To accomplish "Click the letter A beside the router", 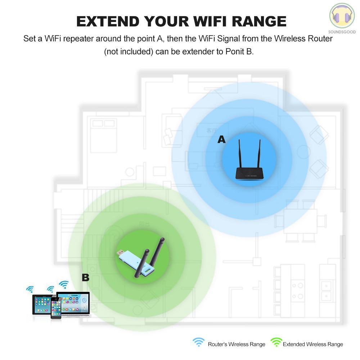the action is click(221, 139).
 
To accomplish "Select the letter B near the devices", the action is click(85, 278).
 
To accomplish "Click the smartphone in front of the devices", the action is click(56, 308).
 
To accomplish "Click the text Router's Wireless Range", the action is click(237, 345).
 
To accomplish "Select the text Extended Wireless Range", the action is click(313, 345).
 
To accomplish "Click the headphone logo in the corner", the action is click(342, 16).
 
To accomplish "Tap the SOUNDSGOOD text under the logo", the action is click(342, 32).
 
